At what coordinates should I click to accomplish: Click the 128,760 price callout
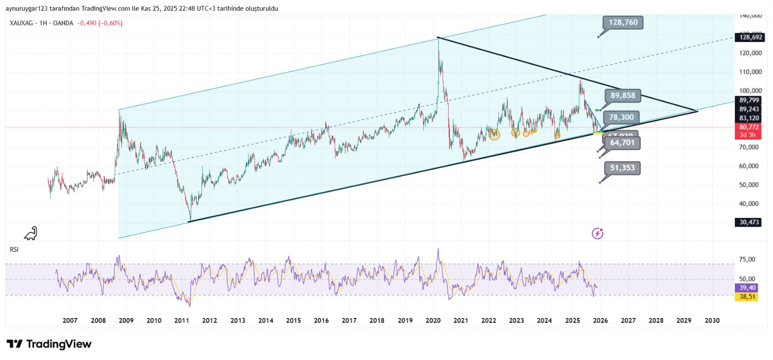[x=623, y=22]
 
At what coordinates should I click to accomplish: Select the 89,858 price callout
[x=623, y=96]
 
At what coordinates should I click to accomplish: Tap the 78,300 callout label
[x=621, y=117]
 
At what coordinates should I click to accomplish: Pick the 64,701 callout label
[x=622, y=143]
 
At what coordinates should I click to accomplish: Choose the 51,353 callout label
[x=622, y=168]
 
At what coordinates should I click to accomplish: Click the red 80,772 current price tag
[x=749, y=128]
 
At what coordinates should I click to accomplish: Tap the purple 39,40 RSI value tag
[x=747, y=288]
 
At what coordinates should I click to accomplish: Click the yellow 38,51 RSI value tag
[x=747, y=297]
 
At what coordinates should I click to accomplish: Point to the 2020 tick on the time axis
[x=433, y=320]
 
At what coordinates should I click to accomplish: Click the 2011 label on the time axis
[x=182, y=320]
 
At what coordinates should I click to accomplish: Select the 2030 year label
[x=712, y=320]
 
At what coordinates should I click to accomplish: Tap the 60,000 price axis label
[x=750, y=166]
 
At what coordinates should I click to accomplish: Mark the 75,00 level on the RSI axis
[x=747, y=259]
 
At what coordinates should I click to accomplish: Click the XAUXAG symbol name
[x=22, y=23]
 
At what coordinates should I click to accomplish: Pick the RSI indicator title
[x=14, y=249]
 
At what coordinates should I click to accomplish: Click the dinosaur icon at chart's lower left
[x=31, y=233]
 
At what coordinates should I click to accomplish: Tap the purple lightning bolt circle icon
[x=598, y=234]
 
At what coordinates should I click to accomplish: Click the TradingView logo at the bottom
[x=49, y=344]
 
